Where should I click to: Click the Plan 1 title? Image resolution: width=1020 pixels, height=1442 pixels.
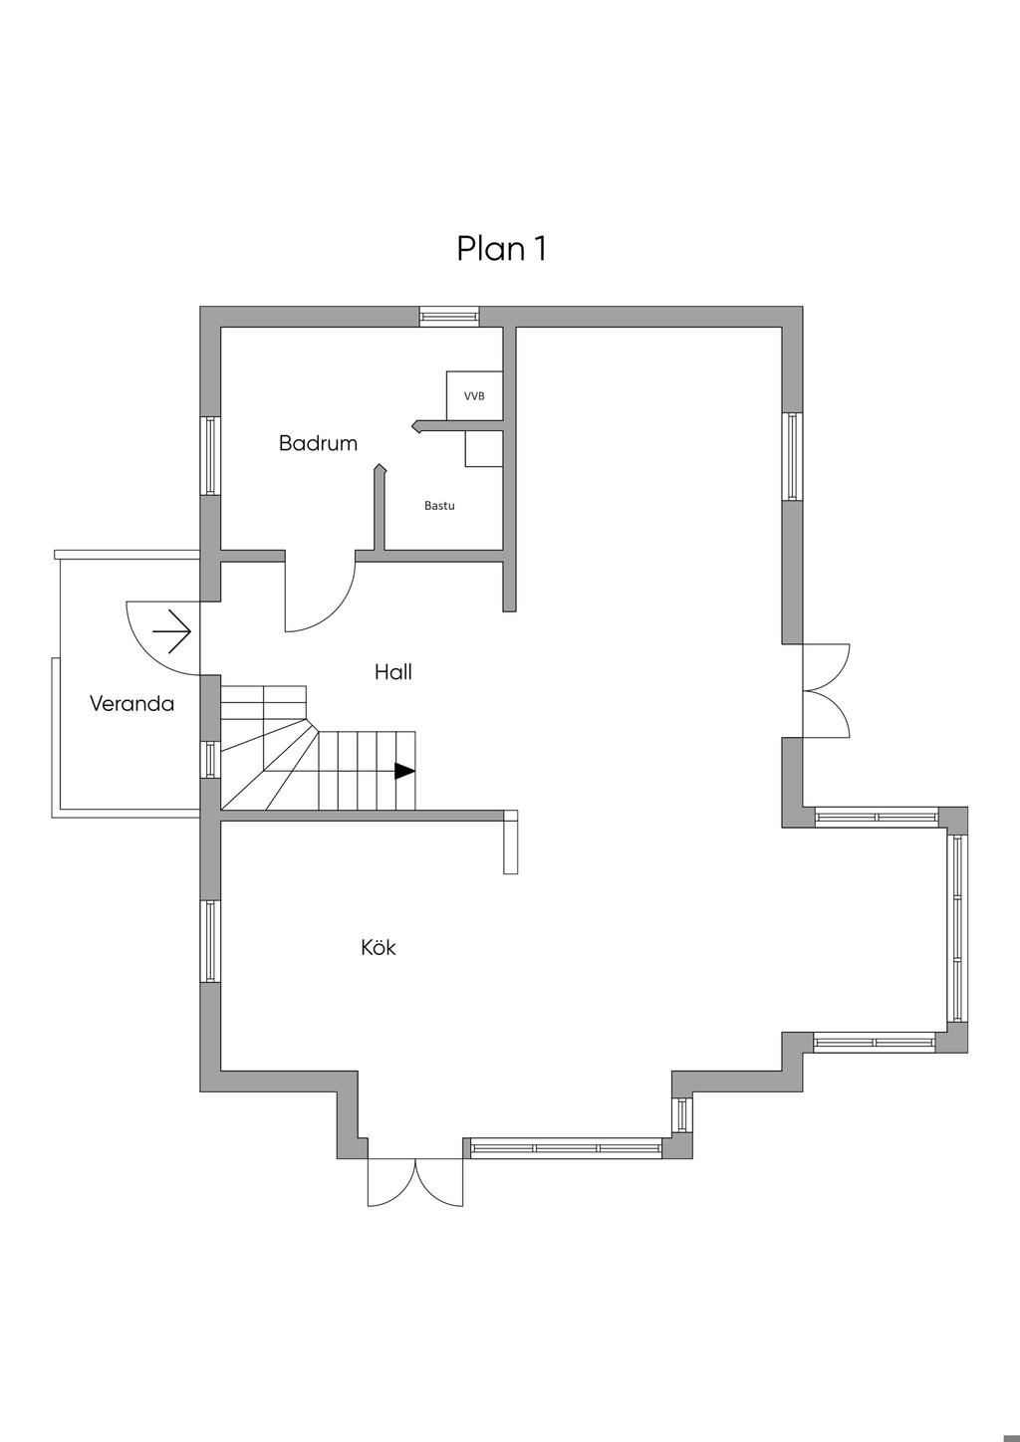point(501,248)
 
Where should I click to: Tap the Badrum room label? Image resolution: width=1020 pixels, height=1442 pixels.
point(318,443)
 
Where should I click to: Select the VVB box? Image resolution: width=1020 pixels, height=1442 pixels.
point(474,395)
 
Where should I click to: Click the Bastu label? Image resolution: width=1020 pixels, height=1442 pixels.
point(439,506)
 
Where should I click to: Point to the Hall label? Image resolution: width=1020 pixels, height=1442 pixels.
point(392,672)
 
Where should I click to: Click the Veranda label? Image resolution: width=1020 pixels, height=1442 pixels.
point(131,704)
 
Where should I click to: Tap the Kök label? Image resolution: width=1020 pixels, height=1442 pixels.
point(379,947)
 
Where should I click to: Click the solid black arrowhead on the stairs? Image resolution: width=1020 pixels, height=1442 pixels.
point(404,771)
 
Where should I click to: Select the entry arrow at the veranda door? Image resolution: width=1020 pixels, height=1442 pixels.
point(171,630)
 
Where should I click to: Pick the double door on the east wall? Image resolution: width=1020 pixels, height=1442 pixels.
point(827,690)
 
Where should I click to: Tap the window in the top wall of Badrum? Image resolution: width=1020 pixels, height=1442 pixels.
point(448,317)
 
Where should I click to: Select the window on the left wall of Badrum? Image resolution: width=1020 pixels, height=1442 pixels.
point(210,455)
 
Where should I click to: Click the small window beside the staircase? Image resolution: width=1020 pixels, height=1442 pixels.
point(210,759)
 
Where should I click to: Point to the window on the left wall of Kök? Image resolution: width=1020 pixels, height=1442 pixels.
point(210,941)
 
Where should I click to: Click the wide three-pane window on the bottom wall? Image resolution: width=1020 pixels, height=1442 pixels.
point(566,1148)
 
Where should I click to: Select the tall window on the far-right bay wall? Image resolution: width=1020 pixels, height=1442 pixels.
point(957,928)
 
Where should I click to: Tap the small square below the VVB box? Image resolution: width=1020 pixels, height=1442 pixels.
point(483,449)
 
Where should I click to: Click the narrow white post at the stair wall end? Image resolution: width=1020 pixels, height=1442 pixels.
point(511,842)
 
